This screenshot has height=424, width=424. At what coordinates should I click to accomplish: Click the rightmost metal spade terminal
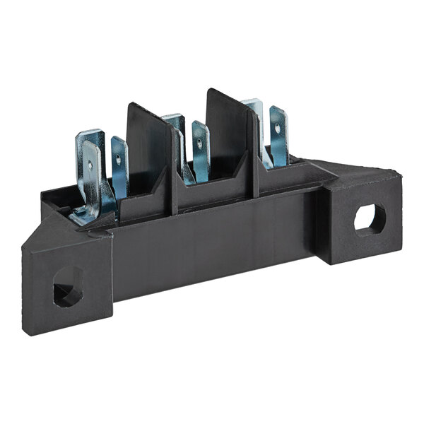278,138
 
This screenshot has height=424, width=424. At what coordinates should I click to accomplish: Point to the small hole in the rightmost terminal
278,128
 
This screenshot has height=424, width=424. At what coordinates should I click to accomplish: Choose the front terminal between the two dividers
201,150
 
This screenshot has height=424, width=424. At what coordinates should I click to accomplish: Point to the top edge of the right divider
228,95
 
